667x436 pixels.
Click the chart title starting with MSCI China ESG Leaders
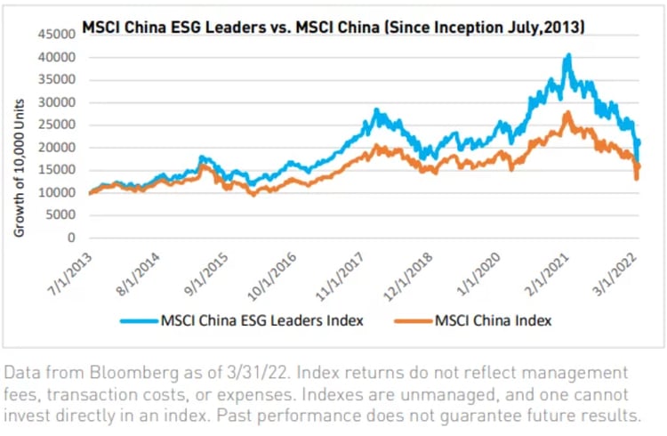click(x=333, y=28)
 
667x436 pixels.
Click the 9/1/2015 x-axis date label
click(x=203, y=270)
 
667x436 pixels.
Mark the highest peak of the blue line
click(x=568, y=55)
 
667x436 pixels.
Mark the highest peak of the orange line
click(x=567, y=113)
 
